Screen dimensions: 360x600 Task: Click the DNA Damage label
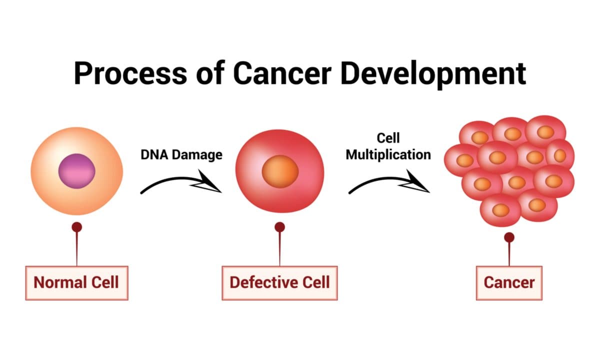tap(181, 154)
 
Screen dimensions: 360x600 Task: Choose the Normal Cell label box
tap(76, 282)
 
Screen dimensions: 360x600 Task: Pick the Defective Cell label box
tap(279, 282)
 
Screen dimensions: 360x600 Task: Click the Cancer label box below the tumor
tap(509, 282)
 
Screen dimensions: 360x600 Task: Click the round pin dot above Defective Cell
tap(280, 227)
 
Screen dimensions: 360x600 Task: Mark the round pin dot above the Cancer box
tap(509, 237)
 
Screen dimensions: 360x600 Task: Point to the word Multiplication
tap(388, 154)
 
